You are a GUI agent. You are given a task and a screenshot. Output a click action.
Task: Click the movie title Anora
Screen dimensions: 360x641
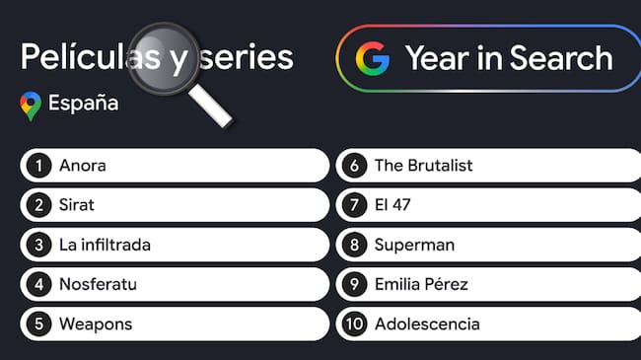tap(83, 166)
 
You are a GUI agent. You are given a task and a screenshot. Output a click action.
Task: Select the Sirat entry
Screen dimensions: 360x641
tap(77, 205)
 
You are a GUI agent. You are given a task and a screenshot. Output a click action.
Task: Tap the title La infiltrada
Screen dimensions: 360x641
tap(105, 245)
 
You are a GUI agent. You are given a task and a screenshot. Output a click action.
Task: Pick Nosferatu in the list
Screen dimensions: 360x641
tap(98, 284)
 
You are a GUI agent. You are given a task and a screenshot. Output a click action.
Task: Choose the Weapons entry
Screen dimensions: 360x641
tap(95, 324)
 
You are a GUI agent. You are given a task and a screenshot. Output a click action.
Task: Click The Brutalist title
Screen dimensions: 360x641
tap(423, 166)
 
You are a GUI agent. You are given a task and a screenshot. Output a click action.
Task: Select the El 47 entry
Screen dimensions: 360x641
tap(392, 205)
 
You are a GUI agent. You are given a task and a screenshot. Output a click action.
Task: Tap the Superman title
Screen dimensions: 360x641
tap(414, 245)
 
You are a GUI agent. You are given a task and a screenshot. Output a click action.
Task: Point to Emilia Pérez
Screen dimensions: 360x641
tap(421, 284)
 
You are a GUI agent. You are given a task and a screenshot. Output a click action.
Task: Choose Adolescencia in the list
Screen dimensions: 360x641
tap(427, 324)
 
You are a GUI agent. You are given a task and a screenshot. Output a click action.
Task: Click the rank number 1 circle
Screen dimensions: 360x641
tap(38, 166)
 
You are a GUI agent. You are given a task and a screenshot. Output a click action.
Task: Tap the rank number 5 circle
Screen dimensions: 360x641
tap(38, 324)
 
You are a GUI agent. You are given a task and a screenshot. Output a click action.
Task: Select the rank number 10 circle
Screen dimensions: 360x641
tap(354, 324)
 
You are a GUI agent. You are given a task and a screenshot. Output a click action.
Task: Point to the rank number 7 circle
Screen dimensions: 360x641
tap(354, 205)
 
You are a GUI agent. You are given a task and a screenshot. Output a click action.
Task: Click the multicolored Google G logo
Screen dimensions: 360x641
tap(373, 59)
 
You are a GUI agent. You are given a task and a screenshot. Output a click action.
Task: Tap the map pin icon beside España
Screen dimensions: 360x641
tap(31, 105)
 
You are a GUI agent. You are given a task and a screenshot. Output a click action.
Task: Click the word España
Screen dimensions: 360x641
tap(84, 103)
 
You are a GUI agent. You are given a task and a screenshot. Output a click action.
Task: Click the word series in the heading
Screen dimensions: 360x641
tap(246, 57)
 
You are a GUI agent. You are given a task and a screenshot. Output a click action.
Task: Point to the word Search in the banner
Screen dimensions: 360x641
tap(559, 58)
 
